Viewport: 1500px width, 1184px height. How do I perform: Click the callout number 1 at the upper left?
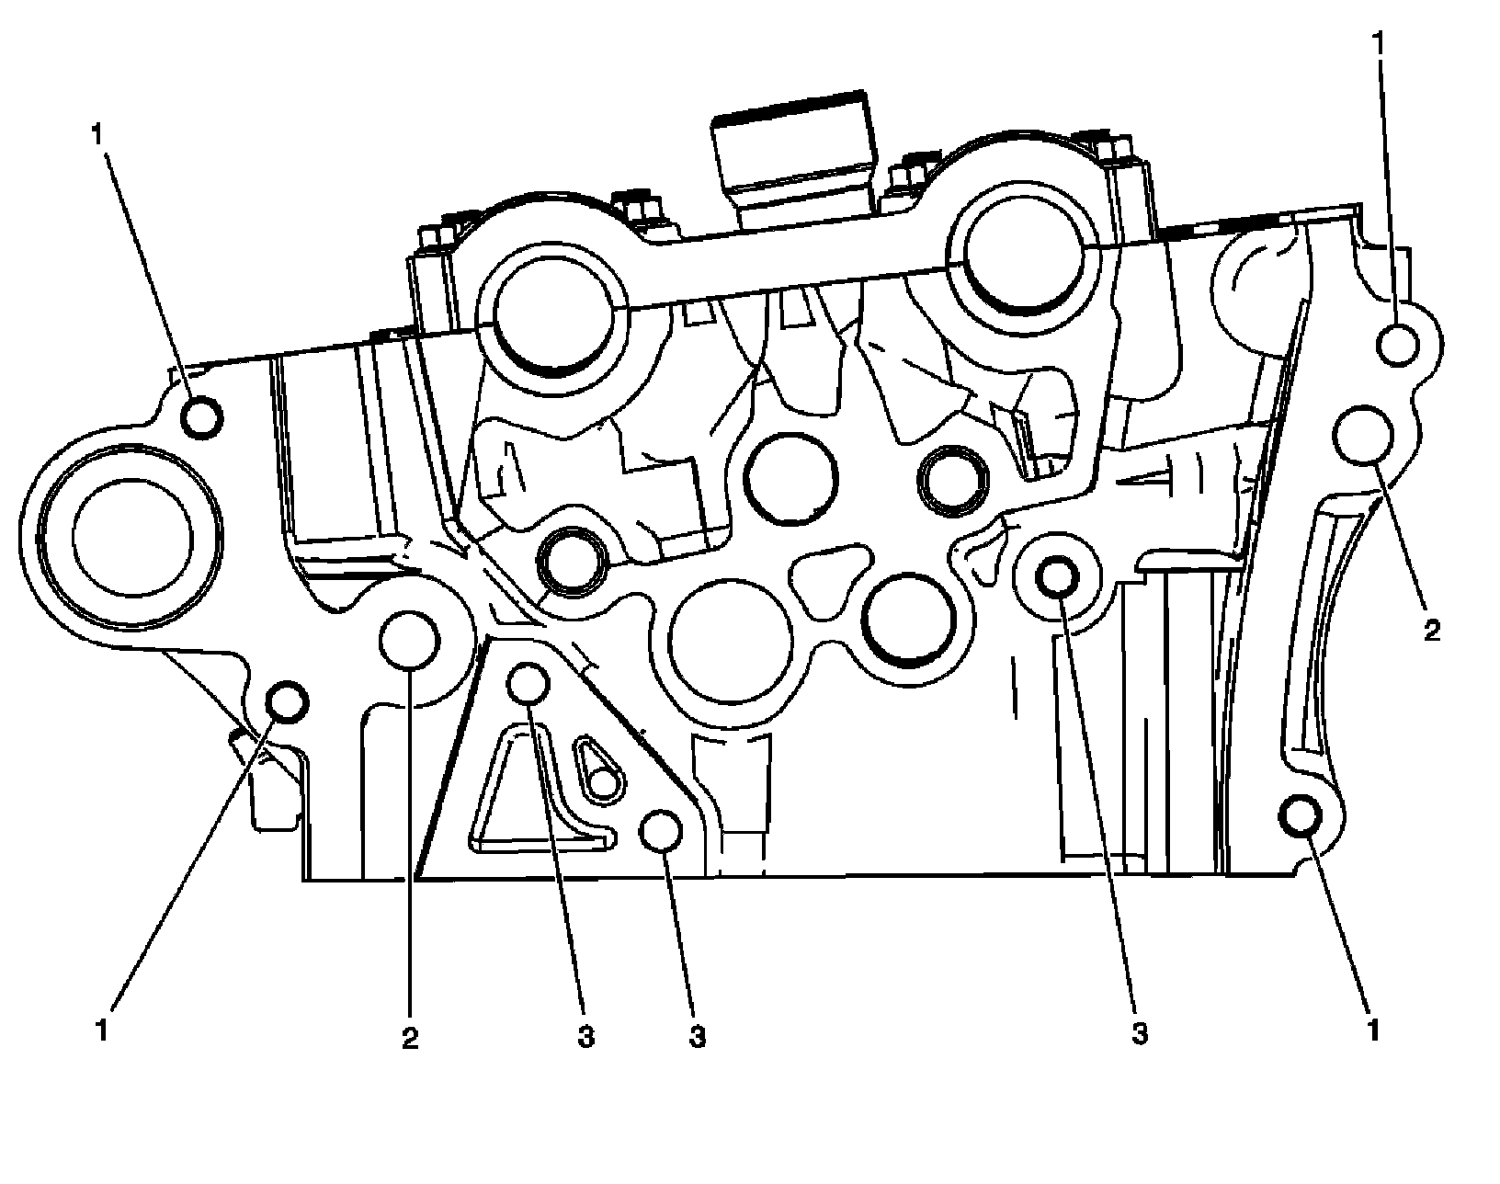(96, 133)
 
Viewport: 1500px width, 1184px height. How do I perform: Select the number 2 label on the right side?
(1431, 632)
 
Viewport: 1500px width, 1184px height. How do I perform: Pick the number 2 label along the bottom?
(409, 1038)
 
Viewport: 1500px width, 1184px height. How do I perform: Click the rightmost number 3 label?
(1140, 1033)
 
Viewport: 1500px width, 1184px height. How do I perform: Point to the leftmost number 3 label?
(585, 1038)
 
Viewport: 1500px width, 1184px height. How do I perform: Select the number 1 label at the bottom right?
(1373, 1029)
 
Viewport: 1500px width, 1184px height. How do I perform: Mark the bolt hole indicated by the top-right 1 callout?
(1398, 345)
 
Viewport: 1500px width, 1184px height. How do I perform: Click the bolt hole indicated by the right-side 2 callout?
(1362, 437)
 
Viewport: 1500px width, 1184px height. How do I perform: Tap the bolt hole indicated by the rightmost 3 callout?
(1057, 576)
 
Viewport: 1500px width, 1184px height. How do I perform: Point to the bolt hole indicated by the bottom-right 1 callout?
(1301, 816)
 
